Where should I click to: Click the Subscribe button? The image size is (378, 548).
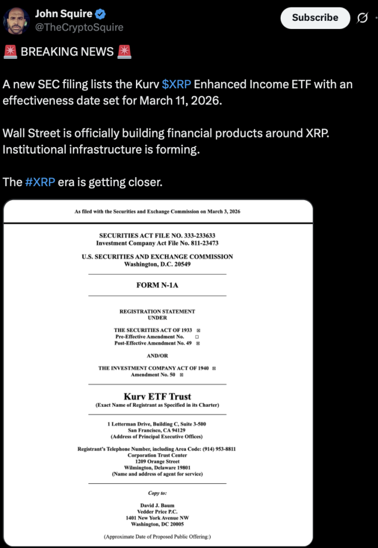pyautogui.click(x=315, y=18)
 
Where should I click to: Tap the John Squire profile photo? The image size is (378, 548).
pyautogui.click(x=16, y=20)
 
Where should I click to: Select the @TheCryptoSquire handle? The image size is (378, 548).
pyautogui.click(x=79, y=27)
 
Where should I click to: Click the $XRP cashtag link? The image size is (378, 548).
pyautogui.click(x=176, y=85)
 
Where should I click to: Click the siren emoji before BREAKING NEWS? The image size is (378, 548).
pyautogui.click(x=10, y=52)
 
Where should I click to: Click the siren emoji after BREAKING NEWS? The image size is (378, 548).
pyautogui.click(x=124, y=52)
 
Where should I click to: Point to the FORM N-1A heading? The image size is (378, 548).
pyautogui.click(x=157, y=285)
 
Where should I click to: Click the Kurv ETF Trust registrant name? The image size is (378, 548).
pyautogui.click(x=157, y=397)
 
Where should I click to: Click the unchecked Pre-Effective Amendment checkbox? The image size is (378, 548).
pyautogui.click(x=197, y=337)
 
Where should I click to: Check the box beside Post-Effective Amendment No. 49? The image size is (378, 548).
pyautogui.click(x=198, y=344)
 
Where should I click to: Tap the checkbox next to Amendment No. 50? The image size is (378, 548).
pyautogui.click(x=182, y=375)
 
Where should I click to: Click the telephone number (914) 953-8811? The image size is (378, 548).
pyautogui.click(x=216, y=449)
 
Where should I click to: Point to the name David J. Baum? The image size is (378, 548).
pyautogui.click(x=157, y=505)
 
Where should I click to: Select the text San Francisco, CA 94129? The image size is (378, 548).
pyautogui.click(x=157, y=430)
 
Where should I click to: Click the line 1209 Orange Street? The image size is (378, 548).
pyautogui.click(x=157, y=461)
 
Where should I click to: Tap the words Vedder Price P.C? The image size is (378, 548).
pyautogui.click(x=157, y=512)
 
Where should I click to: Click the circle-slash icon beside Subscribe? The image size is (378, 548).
pyautogui.click(x=362, y=18)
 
